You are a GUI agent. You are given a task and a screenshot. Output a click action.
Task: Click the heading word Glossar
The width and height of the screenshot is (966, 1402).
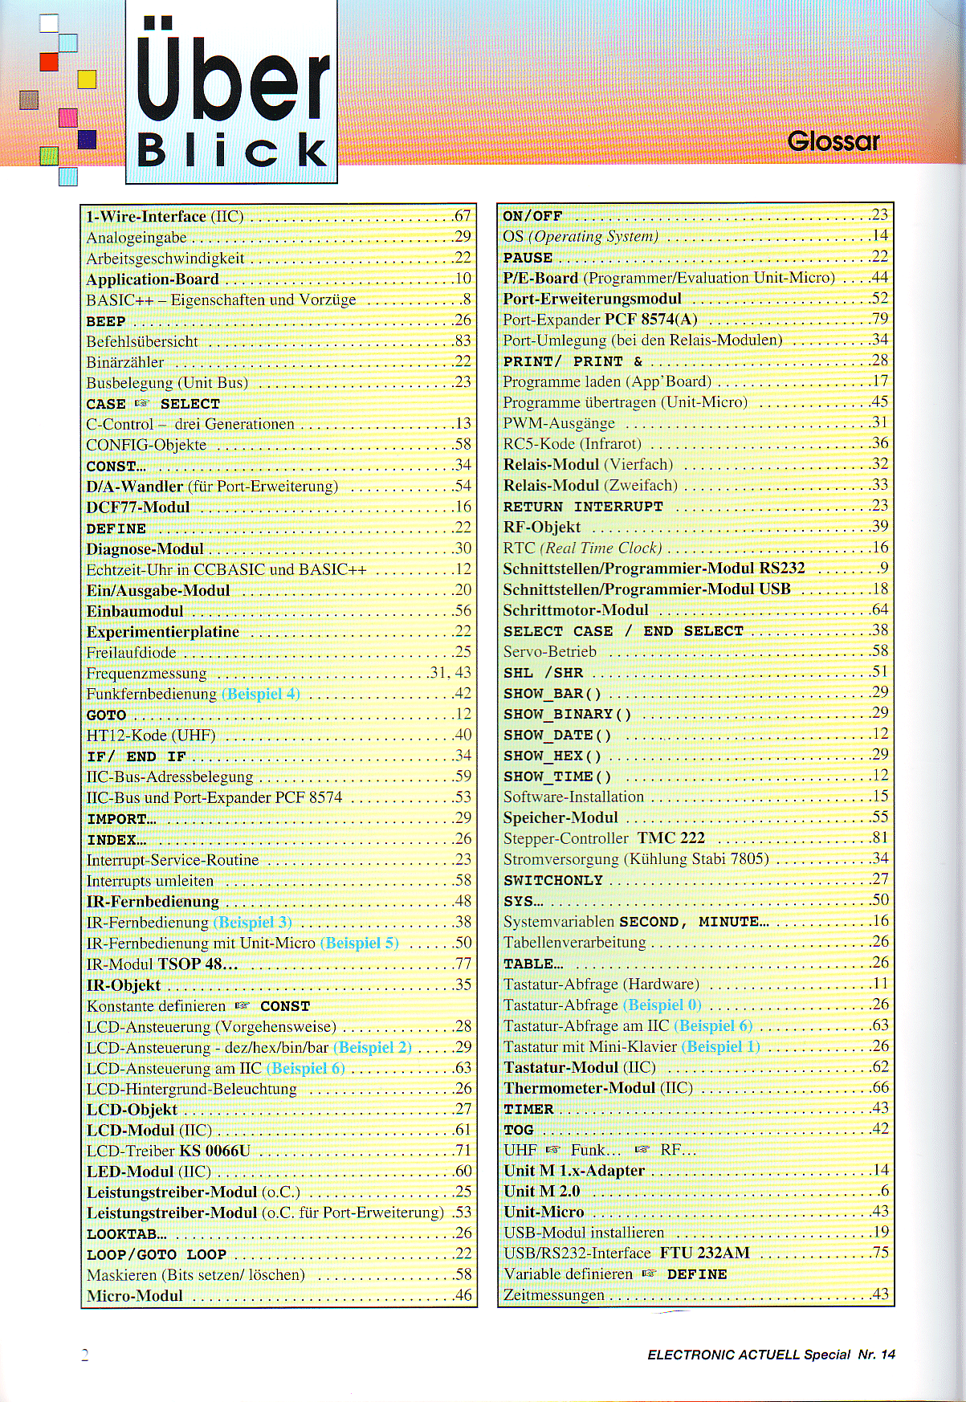[833, 141]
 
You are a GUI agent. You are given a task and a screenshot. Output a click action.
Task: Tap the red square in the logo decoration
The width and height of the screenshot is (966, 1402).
[49, 62]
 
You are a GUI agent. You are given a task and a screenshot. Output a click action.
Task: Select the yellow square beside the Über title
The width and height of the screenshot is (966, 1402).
[87, 79]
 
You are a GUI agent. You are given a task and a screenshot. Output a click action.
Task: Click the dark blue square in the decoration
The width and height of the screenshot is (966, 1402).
[87, 140]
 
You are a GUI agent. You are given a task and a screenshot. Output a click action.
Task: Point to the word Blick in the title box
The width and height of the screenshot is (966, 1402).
[231, 149]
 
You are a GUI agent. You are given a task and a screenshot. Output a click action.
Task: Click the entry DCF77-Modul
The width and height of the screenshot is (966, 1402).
[138, 507]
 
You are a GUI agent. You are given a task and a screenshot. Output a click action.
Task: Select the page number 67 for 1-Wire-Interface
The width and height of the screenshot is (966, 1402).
[462, 216]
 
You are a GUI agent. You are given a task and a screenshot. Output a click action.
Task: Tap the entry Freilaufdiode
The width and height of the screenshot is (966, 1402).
[131, 653]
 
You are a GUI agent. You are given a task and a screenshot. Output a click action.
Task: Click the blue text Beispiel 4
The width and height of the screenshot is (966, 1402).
[261, 694]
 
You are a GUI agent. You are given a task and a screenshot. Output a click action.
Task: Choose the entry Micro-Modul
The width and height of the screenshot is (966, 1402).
[135, 1296]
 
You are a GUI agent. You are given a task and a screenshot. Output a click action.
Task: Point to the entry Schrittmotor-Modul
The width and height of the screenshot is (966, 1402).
[576, 610]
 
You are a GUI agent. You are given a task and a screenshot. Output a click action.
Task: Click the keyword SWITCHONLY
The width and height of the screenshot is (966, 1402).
[553, 881]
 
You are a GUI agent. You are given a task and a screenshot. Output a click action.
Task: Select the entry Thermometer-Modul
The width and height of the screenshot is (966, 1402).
[579, 1088]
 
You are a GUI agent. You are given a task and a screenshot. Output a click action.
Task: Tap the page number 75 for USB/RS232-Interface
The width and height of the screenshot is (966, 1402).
[880, 1253]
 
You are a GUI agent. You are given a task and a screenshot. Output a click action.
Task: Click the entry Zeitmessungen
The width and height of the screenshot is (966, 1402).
[554, 1295]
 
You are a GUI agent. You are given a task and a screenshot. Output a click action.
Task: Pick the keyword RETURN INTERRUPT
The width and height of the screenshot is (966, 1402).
[583, 507]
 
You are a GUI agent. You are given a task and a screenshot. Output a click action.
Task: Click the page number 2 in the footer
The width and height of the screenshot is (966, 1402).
[85, 1355]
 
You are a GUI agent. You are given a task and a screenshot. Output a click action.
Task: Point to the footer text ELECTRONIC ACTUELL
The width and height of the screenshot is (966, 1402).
[723, 1355]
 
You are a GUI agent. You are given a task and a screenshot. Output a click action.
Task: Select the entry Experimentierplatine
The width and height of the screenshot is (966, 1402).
[163, 632]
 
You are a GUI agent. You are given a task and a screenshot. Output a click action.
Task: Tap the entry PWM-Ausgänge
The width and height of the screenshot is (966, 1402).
[559, 423]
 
